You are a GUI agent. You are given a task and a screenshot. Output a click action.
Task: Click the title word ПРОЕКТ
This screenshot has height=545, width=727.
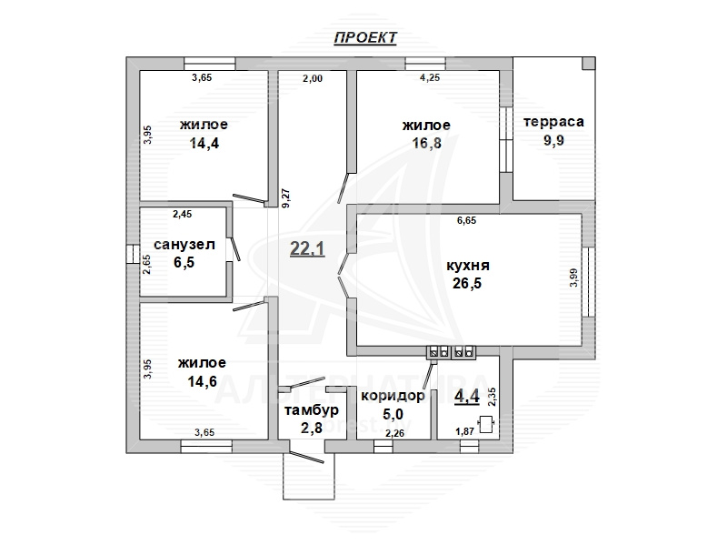365,37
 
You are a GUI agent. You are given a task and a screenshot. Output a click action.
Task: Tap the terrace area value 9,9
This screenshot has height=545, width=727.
553,140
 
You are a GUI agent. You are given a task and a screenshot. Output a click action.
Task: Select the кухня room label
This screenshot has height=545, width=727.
467,266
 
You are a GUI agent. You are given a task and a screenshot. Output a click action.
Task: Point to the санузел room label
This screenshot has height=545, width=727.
184,245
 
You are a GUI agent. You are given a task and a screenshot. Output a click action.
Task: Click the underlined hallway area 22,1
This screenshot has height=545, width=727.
307,249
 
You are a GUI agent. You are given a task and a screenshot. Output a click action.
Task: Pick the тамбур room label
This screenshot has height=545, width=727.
312,410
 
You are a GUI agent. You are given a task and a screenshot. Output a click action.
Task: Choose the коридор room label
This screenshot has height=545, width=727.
393,396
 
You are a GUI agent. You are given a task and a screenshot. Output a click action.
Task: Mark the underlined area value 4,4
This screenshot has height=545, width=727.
467,397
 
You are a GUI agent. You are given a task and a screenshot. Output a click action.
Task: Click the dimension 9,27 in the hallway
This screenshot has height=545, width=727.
285,197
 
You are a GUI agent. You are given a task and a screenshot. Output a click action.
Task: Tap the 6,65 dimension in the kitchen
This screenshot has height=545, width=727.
466,220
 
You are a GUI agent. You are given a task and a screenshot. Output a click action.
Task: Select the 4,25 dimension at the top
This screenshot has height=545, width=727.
430,77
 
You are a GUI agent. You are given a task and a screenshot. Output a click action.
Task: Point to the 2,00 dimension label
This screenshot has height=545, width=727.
313,78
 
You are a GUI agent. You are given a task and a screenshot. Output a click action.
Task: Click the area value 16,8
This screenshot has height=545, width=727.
426,144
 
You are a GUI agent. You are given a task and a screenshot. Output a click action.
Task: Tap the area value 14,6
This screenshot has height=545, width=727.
202,381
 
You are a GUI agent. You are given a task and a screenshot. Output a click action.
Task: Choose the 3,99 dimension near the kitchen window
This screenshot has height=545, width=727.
574,278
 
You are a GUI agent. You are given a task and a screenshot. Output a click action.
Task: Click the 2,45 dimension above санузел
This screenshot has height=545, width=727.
183,214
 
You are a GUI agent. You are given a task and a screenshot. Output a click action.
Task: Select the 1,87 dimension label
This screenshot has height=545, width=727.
464,431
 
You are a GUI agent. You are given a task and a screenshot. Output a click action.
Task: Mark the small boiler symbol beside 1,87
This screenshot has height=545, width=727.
485,424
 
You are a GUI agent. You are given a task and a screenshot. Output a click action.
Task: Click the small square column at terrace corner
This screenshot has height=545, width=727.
588,63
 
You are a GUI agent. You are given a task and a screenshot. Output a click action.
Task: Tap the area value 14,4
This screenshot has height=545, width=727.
204,144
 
